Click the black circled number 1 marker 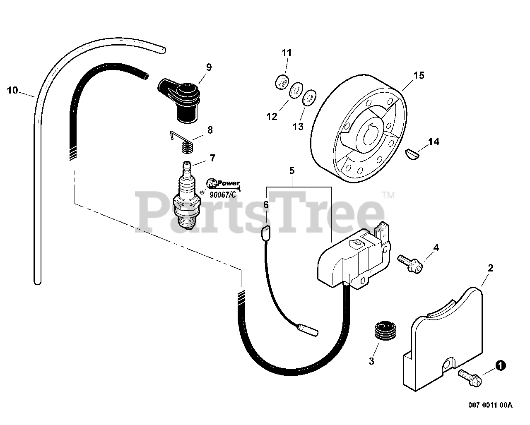pos(501,365)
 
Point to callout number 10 pos(13,90)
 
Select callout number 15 pos(418,75)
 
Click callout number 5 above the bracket pos(291,170)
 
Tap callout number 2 pos(490,268)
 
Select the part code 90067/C pos(222,195)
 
